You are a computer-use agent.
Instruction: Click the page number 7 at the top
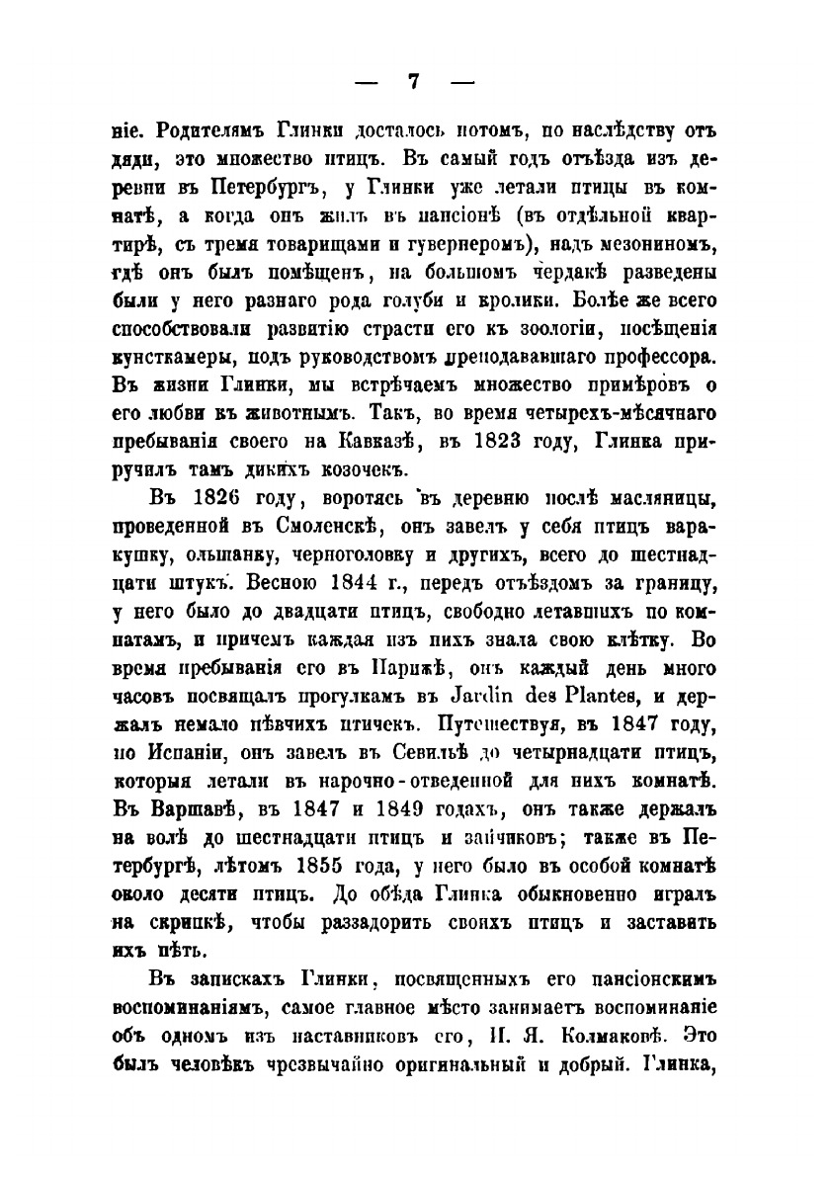tap(415, 82)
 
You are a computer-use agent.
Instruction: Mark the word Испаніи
tap(189, 748)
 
